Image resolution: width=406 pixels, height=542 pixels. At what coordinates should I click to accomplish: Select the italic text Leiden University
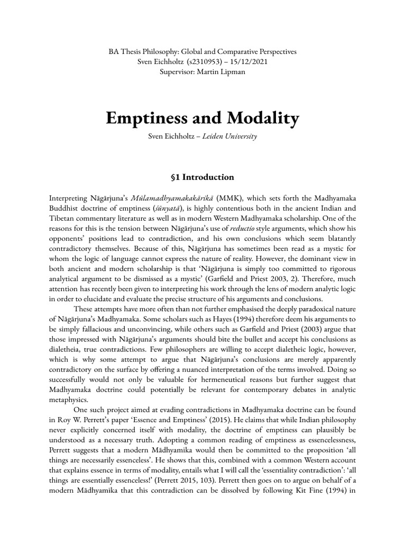pos(233,137)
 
